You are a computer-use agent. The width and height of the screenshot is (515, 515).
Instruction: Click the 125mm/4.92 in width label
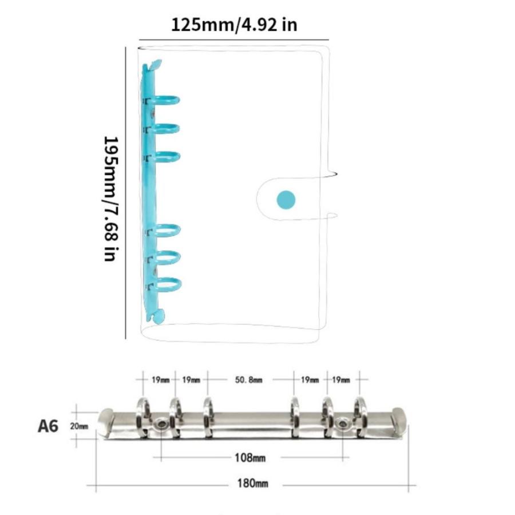[x=234, y=25]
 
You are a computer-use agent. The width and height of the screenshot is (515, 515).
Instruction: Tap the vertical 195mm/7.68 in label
[x=111, y=199]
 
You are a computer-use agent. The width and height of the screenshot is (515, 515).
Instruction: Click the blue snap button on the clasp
[x=286, y=199]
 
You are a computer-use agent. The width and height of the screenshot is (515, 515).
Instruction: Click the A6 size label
[x=48, y=426]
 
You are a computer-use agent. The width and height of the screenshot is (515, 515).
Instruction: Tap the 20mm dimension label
[x=79, y=426]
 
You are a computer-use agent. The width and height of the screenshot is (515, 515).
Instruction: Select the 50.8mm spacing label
[x=249, y=380]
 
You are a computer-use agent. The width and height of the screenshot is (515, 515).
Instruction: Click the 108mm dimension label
[x=250, y=458]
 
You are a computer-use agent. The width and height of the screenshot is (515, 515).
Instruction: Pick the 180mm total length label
[x=252, y=484]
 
